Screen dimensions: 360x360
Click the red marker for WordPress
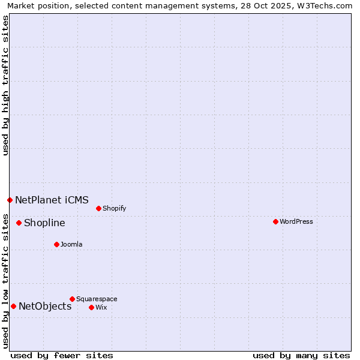coord(275,221)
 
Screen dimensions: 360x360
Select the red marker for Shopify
coord(98,208)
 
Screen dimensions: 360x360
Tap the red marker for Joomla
coord(56,244)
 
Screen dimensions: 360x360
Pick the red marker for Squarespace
coord(72,299)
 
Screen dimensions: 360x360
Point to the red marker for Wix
coord(91,307)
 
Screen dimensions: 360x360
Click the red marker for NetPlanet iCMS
coord(10,200)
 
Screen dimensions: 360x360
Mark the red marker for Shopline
coord(19,223)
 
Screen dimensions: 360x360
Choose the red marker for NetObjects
coord(13,306)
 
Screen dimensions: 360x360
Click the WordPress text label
coord(296,222)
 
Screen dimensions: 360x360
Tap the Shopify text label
coord(114,209)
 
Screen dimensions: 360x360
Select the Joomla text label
coord(71,245)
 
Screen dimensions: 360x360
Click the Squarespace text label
coord(97,299)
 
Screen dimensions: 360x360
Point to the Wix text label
coord(101,308)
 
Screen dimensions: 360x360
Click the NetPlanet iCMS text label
coord(52,200)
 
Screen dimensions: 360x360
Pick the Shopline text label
coord(44,223)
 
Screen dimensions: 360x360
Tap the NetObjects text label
coord(45,307)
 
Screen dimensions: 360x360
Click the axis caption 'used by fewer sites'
coord(62,355)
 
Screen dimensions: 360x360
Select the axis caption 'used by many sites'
coord(301,355)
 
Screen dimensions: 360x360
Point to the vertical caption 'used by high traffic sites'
coord(5,85)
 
